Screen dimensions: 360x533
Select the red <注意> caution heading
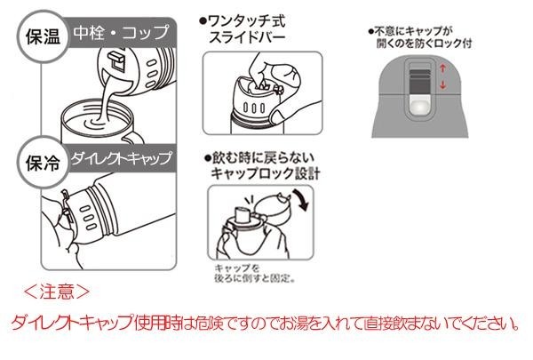point(55,290)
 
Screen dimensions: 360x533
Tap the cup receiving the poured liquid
point(92,124)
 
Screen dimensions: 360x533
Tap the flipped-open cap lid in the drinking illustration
point(272,207)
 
